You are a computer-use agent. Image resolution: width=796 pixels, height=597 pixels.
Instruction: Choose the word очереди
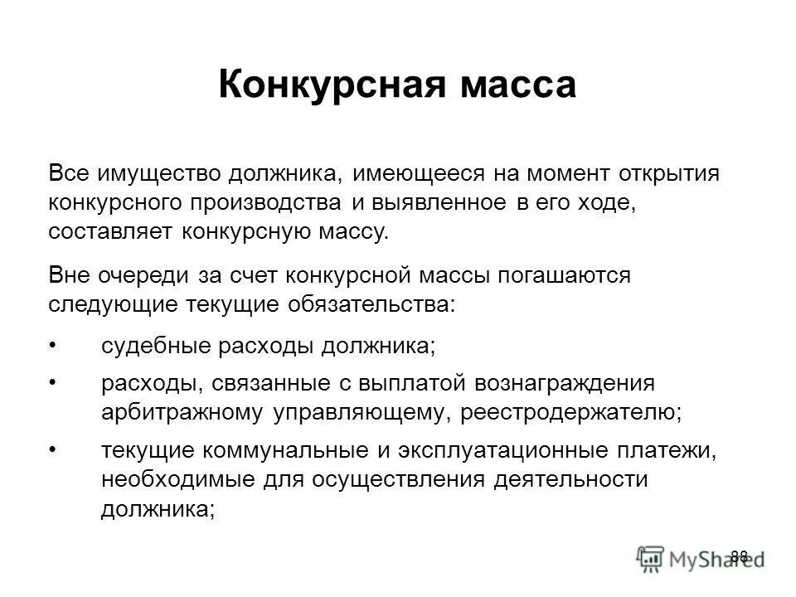click(x=158, y=275)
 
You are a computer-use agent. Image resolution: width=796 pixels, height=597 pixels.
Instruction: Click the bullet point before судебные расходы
click(x=53, y=344)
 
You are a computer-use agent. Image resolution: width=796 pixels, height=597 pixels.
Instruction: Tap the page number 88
click(x=740, y=556)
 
